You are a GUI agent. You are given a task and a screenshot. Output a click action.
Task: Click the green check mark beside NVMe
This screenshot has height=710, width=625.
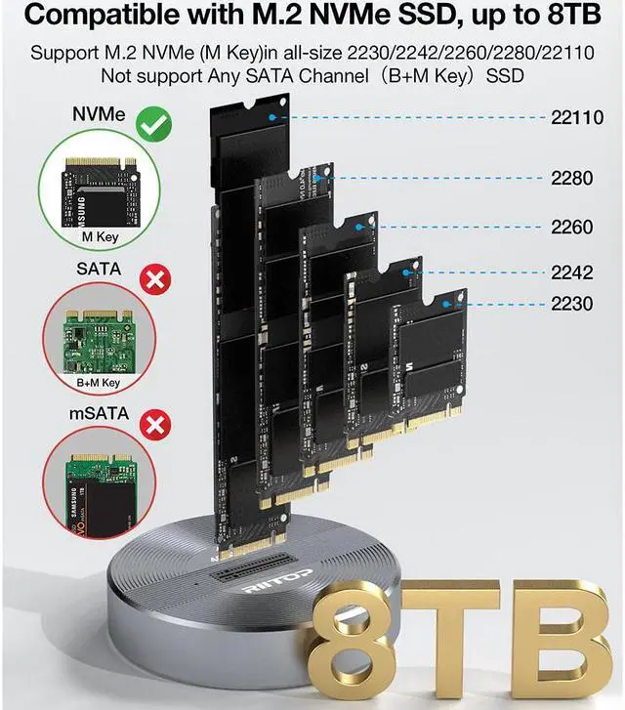click(x=151, y=123)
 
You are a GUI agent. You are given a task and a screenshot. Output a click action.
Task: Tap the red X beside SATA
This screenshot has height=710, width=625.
click(x=152, y=281)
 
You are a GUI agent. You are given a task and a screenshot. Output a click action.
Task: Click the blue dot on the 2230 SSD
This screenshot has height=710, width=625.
click(x=445, y=304)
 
